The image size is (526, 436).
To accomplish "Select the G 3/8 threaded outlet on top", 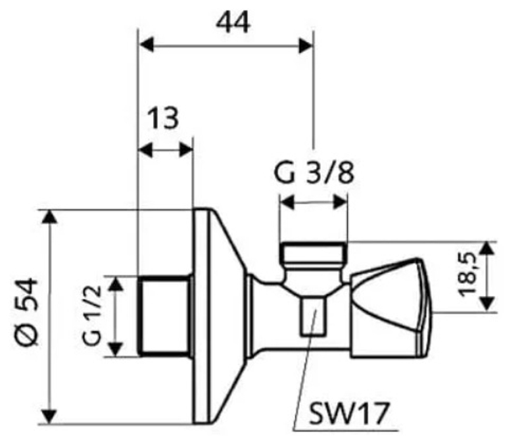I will tap(313, 253).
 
